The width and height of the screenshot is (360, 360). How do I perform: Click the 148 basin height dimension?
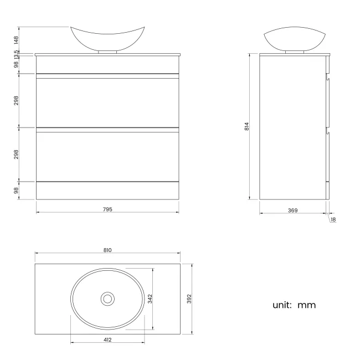point(17,39)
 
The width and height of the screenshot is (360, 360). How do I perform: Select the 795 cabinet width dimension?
point(107,209)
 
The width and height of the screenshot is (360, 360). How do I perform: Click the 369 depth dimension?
point(293,210)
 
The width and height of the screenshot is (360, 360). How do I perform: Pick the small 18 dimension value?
point(333,220)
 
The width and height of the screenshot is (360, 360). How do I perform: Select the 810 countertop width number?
point(107,250)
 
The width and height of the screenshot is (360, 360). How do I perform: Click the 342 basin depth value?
point(150,299)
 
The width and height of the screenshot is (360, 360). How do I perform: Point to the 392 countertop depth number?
point(189,299)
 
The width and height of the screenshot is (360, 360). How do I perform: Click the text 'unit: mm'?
point(294,305)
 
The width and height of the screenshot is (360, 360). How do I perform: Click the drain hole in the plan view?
point(107,299)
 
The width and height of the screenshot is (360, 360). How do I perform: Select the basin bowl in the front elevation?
point(107,38)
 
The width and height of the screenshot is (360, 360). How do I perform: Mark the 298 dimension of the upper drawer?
point(17,100)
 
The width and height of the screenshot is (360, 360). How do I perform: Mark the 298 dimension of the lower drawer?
point(17,153)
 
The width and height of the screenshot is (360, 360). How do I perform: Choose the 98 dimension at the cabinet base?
point(17,190)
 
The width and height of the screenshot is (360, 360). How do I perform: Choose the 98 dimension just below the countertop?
point(17,64)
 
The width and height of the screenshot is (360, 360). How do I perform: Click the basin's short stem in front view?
point(107,52)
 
